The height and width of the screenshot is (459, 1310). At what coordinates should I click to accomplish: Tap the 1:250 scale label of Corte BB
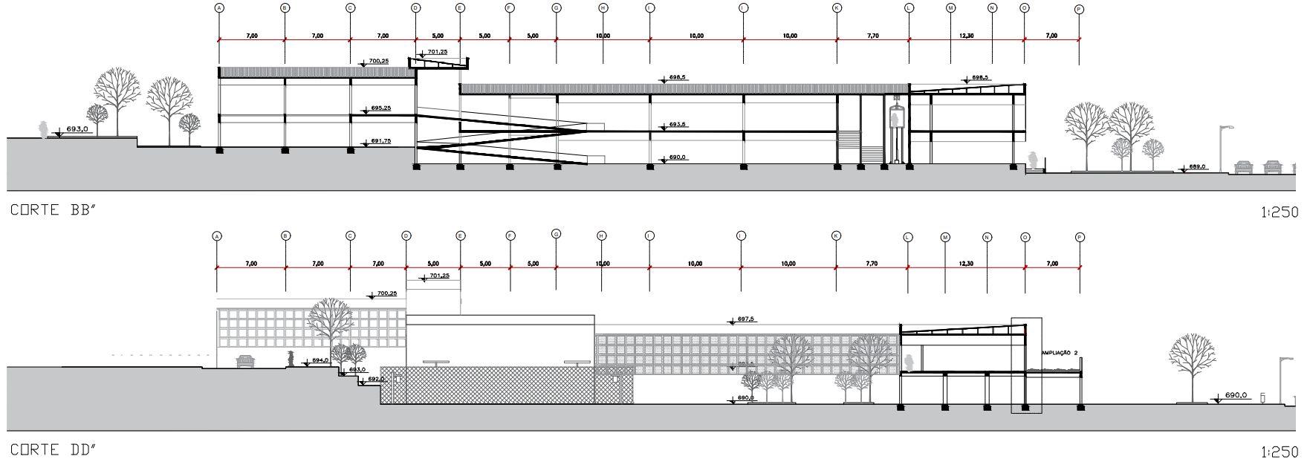tap(1280, 212)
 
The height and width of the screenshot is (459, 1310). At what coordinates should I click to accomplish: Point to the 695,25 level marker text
tap(380, 108)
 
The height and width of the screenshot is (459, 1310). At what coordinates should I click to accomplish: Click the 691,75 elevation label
tap(380, 140)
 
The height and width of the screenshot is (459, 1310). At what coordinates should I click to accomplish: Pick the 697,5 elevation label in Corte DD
tap(745, 319)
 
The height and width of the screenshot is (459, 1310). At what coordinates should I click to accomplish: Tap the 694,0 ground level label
tap(320, 360)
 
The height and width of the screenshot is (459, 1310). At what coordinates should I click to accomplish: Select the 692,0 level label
tap(377, 379)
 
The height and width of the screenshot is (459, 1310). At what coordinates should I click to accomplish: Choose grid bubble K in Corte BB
tap(837, 8)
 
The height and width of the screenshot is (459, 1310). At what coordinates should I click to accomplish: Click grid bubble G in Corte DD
tap(556, 234)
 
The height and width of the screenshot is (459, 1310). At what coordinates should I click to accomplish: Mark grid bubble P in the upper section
tap(1080, 9)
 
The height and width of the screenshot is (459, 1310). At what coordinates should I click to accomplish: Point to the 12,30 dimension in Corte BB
tap(966, 36)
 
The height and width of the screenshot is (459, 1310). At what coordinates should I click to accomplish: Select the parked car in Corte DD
tap(245, 362)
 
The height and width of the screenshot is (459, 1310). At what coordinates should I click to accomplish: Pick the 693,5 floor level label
tap(677, 125)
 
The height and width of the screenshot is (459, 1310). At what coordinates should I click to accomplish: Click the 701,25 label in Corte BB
tap(438, 52)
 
